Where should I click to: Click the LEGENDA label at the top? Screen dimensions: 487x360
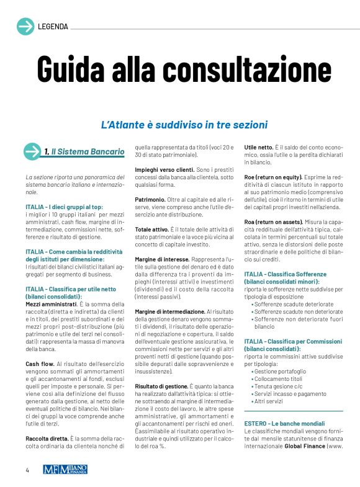click(53, 27)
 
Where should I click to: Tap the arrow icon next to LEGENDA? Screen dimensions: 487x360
click(25, 27)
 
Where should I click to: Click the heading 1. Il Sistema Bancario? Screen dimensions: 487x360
click(84, 152)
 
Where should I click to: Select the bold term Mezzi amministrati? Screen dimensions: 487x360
click(50, 304)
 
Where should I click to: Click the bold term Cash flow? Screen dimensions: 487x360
click(39, 363)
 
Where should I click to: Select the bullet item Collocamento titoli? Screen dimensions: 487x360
click(279, 378)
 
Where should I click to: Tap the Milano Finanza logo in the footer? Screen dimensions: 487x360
click(65, 470)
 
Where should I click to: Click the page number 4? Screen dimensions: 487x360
click(27, 470)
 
